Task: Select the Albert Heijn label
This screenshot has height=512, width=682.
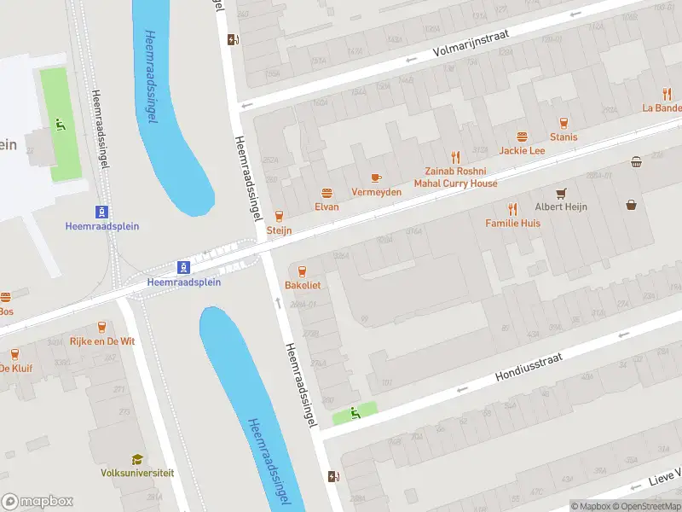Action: (x=561, y=207)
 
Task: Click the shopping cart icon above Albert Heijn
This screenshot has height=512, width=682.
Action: (x=561, y=193)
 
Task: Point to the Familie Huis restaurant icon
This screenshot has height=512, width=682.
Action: (x=512, y=209)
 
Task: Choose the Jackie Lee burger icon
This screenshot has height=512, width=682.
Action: (x=522, y=137)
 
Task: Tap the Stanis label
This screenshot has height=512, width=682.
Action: (x=564, y=137)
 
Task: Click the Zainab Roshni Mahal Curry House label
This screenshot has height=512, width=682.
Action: (x=455, y=177)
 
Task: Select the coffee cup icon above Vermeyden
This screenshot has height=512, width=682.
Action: (x=376, y=177)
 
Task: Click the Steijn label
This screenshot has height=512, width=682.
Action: (x=279, y=230)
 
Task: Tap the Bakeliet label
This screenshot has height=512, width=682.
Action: (x=303, y=285)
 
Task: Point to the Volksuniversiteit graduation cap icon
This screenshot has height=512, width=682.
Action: (x=137, y=459)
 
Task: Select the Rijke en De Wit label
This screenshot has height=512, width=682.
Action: (x=102, y=341)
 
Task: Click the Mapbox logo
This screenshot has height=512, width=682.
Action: (x=38, y=502)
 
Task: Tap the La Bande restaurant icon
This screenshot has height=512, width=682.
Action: (x=668, y=94)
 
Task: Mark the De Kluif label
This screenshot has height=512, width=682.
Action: (x=15, y=369)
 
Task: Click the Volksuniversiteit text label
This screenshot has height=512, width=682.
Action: (x=137, y=473)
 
